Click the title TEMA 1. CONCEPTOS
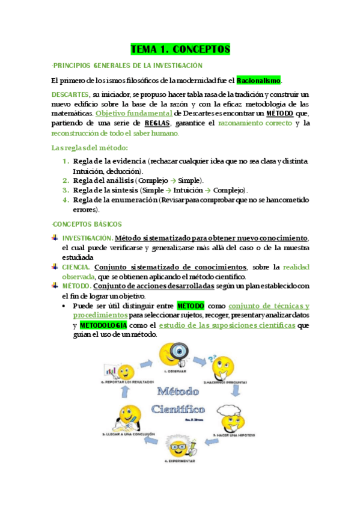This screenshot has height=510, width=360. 180,49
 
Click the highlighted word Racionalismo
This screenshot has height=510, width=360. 258,80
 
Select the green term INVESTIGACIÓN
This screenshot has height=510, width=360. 87,238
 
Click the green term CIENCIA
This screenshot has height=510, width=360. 76,266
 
